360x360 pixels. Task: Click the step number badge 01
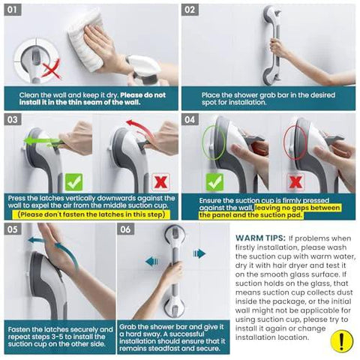tap(15, 10)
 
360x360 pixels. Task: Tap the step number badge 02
tap(191, 10)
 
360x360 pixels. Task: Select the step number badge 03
tap(15, 119)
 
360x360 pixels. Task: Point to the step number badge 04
tap(191, 119)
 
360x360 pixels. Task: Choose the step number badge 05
tap(15, 229)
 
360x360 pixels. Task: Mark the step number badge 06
tap(128, 229)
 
